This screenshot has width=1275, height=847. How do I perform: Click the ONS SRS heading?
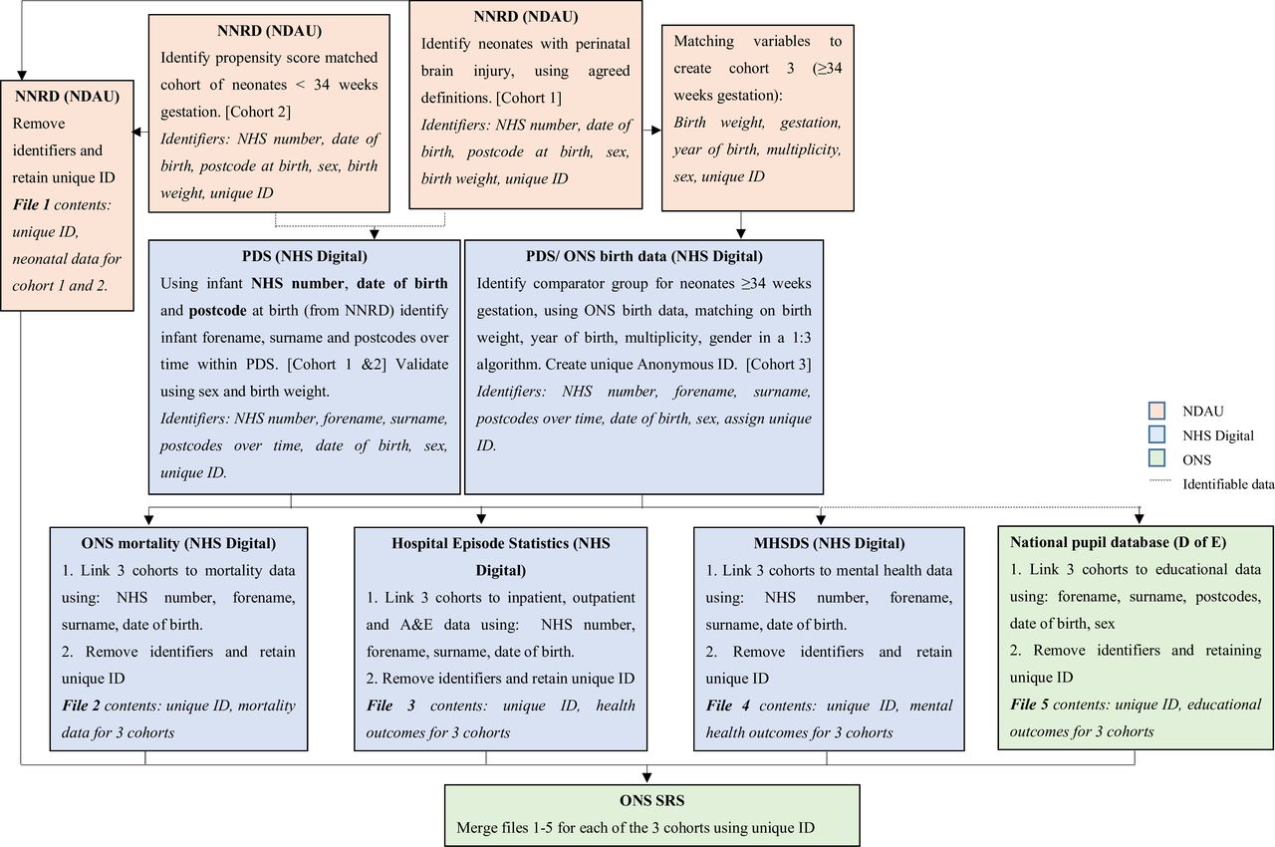(x=651, y=800)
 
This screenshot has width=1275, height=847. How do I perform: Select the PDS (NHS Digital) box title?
(x=305, y=256)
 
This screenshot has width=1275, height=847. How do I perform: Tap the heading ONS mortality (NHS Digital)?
(x=178, y=543)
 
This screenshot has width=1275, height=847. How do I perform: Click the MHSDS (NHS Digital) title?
(x=830, y=543)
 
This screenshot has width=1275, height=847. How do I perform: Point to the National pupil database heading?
(x=1119, y=542)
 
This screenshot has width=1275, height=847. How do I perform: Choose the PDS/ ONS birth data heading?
(x=644, y=256)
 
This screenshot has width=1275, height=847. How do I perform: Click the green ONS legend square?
(x=1156, y=458)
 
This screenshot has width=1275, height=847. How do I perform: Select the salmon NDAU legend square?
(x=1156, y=411)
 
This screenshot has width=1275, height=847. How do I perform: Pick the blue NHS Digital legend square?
(x=1156, y=434)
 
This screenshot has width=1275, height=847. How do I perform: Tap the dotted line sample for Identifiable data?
(x=1160, y=481)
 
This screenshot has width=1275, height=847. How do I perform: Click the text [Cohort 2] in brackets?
(x=258, y=112)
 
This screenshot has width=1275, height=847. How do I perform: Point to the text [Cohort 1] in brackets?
(x=529, y=98)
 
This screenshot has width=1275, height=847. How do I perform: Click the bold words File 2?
(x=81, y=706)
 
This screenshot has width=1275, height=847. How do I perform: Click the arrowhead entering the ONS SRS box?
(x=646, y=777)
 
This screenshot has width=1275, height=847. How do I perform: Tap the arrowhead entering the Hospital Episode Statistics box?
(x=481, y=518)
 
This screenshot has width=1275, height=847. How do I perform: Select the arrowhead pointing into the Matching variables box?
(x=655, y=131)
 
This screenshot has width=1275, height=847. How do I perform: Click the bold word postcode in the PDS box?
(x=217, y=311)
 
